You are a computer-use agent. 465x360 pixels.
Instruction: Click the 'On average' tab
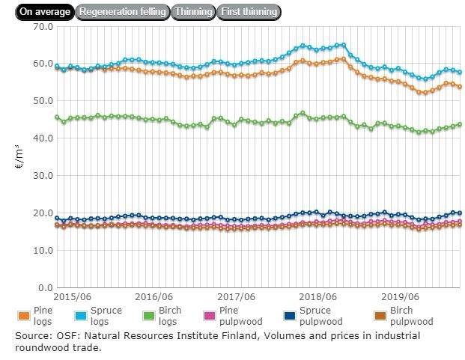click(44, 12)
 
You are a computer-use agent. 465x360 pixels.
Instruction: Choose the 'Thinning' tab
click(193, 12)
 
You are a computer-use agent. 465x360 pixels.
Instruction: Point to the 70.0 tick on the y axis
click(43, 26)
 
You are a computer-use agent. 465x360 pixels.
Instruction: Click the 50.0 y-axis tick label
click(43, 101)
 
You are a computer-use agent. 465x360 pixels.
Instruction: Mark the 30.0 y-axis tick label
click(43, 176)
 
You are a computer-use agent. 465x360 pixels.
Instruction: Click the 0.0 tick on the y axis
click(46, 287)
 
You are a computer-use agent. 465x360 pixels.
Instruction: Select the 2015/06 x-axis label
click(73, 297)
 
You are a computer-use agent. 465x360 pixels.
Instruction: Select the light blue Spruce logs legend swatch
click(98, 314)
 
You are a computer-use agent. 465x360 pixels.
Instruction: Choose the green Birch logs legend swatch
click(172, 314)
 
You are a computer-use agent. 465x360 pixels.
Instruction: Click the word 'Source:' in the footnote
click(32, 336)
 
